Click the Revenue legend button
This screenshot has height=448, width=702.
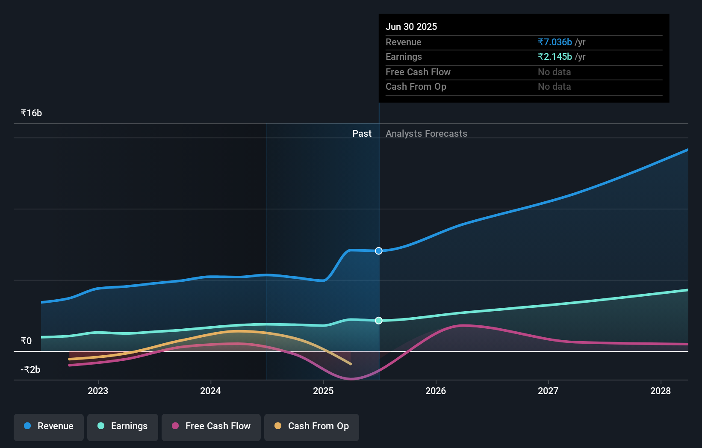49,426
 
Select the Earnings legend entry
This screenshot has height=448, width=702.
123,426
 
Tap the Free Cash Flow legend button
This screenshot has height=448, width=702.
211,426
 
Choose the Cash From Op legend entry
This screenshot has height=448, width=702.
312,426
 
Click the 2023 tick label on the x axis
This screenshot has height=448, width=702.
98,391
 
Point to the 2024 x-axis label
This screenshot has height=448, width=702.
210,391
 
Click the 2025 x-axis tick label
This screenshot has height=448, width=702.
323,391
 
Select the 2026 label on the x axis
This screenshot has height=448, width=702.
436,391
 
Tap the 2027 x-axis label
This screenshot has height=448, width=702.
548,391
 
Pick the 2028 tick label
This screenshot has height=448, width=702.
661,391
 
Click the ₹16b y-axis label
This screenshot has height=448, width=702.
31,113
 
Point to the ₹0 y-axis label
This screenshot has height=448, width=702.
26,341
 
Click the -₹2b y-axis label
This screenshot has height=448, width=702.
30,369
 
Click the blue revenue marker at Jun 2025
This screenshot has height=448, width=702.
379,251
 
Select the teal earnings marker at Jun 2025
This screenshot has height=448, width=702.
379,321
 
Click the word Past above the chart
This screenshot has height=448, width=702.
362,134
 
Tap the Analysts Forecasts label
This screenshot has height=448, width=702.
426,134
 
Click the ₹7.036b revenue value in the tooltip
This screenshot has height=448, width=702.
555,42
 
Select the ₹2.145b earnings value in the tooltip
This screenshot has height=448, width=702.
555,57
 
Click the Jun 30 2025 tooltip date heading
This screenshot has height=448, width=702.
411,27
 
